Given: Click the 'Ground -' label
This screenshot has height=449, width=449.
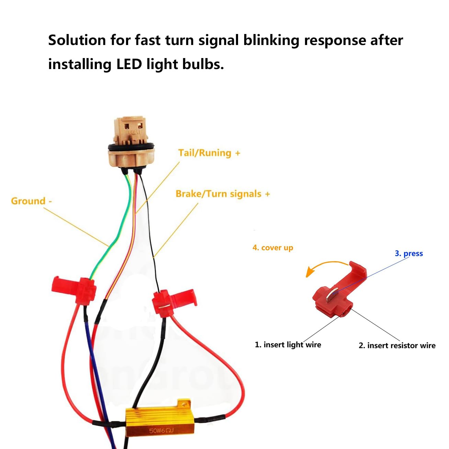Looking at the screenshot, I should (31, 201).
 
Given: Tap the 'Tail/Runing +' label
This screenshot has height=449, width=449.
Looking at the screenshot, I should (209, 153).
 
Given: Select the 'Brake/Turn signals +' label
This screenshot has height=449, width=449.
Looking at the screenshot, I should (223, 194).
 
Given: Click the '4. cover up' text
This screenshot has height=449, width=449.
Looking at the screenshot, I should (273, 248).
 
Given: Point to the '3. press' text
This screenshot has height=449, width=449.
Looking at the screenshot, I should (408, 254).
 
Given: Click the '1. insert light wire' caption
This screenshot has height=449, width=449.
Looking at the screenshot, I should (288, 345).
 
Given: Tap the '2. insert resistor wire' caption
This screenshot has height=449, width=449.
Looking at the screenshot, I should (397, 346).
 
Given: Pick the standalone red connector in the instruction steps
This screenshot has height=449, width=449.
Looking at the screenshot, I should (338, 292).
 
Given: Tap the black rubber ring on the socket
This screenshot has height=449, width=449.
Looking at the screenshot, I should (131, 148).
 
